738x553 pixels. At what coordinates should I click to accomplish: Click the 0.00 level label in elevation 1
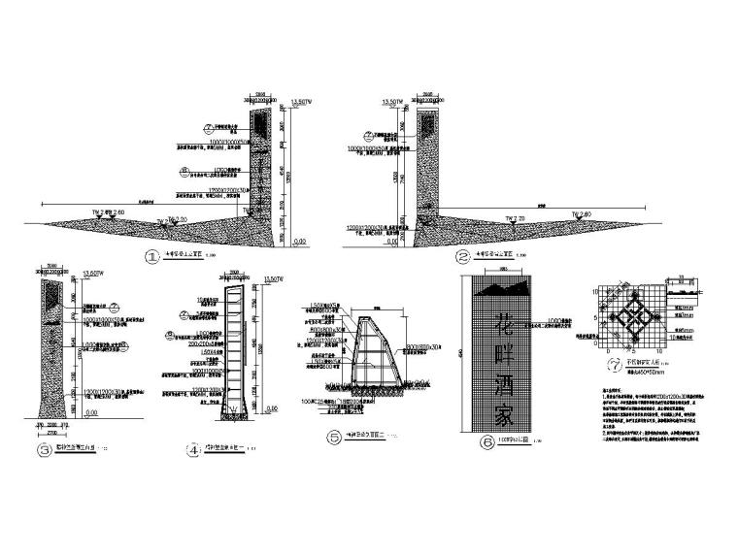tap(300, 242)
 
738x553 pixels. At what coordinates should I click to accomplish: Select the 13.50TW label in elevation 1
tap(302, 101)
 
